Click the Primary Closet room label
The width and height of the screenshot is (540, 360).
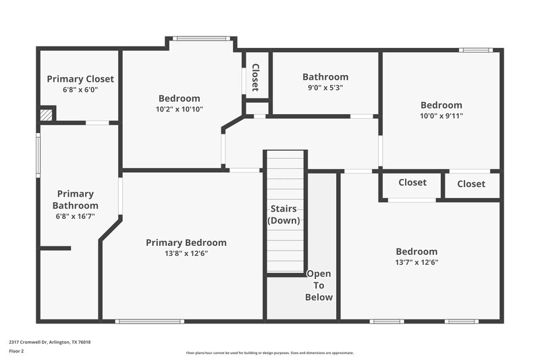80,79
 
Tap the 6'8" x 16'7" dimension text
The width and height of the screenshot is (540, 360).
75,217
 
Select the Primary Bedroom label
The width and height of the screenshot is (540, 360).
186,242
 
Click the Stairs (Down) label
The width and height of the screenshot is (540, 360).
283,215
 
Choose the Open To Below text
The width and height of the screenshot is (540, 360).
319,286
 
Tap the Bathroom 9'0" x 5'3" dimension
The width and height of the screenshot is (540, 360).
325,87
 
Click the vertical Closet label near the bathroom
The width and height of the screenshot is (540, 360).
255,77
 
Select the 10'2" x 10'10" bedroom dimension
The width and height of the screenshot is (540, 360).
179,109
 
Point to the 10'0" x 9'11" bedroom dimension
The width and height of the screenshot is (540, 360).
441,115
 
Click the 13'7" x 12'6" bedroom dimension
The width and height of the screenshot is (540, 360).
416,262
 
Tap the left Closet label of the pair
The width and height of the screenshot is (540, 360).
412,182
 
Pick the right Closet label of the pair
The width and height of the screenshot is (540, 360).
470,184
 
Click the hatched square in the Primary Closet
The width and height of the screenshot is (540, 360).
46,115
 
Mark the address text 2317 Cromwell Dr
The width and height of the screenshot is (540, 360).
50,342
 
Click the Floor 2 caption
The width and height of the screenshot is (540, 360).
16,351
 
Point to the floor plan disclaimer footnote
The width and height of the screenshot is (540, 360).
269,353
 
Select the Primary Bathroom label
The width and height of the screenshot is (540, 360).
75,200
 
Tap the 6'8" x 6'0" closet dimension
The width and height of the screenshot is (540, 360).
80,89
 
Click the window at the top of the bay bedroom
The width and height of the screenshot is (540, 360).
201,38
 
